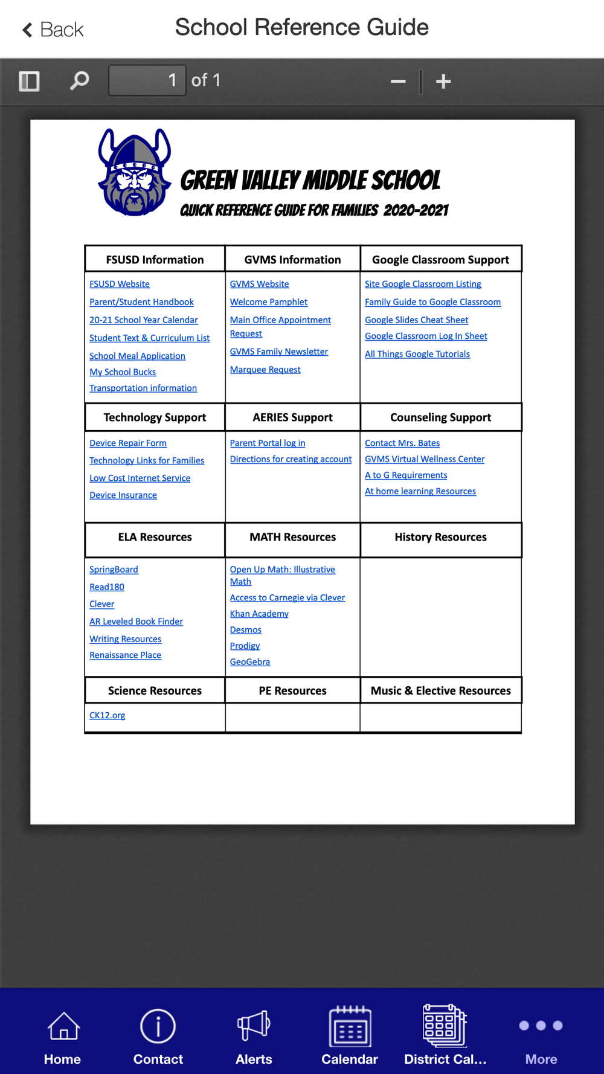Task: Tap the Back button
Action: pos(53,30)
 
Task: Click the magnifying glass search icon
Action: pos(79,80)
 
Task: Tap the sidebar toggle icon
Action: pos(29,81)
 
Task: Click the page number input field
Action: pos(147,80)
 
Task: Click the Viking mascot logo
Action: pos(134,172)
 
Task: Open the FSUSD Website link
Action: pos(120,284)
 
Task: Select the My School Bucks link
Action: pos(123,372)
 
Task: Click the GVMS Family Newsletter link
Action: pos(278,352)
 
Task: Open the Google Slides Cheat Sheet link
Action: pos(416,320)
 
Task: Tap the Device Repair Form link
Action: pos(128,443)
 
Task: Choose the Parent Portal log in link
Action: pos(268,443)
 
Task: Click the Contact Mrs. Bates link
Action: pos(402,443)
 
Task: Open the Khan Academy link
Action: pos(259,614)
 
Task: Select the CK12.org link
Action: pos(108,715)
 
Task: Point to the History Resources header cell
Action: pos(440,537)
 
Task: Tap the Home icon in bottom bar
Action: pos(63,1027)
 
